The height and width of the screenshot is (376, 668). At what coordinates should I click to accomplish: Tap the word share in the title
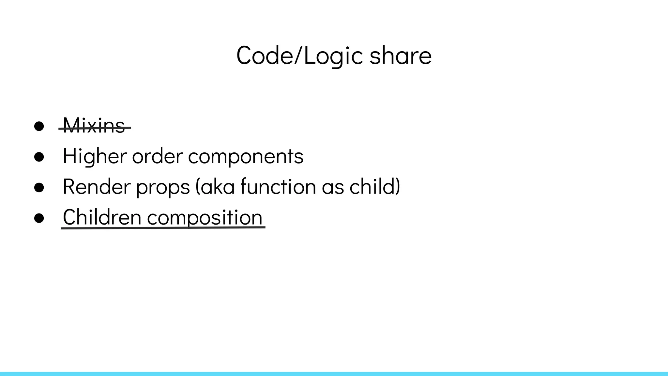pyautogui.click(x=401, y=56)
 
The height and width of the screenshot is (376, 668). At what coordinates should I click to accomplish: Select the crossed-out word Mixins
pyautogui.click(x=94, y=126)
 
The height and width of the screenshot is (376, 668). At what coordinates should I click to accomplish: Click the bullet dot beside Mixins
pyautogui.click(x=39, y=126)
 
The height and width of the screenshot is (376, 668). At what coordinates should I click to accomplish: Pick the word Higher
pyautogui.click(x=95, y=156)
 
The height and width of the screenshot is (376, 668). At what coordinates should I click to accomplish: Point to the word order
pyautogui.click(x=157, y=156)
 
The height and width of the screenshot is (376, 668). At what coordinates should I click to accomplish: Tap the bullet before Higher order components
pyautogui.click(x=39, y=157)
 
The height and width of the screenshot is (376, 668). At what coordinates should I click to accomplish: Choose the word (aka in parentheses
pyautogui.click(x=215, y=187)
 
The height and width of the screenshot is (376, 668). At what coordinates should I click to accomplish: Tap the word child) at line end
pyautogui.click(x=375, y=187)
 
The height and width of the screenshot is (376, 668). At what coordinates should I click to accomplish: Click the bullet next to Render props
pyautogui.click(x=39, y=187)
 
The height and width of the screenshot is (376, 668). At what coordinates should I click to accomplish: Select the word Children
pyautogui.click(x=102, y=217)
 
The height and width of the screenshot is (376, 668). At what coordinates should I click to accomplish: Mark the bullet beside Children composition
pyautogui.click(x=39, y=218)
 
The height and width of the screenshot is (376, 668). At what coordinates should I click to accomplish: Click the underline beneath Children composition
pyautogui.click(x=163, y=228)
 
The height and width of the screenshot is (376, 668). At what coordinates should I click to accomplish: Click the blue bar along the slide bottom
pyautogui.click(x=334, y=374)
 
